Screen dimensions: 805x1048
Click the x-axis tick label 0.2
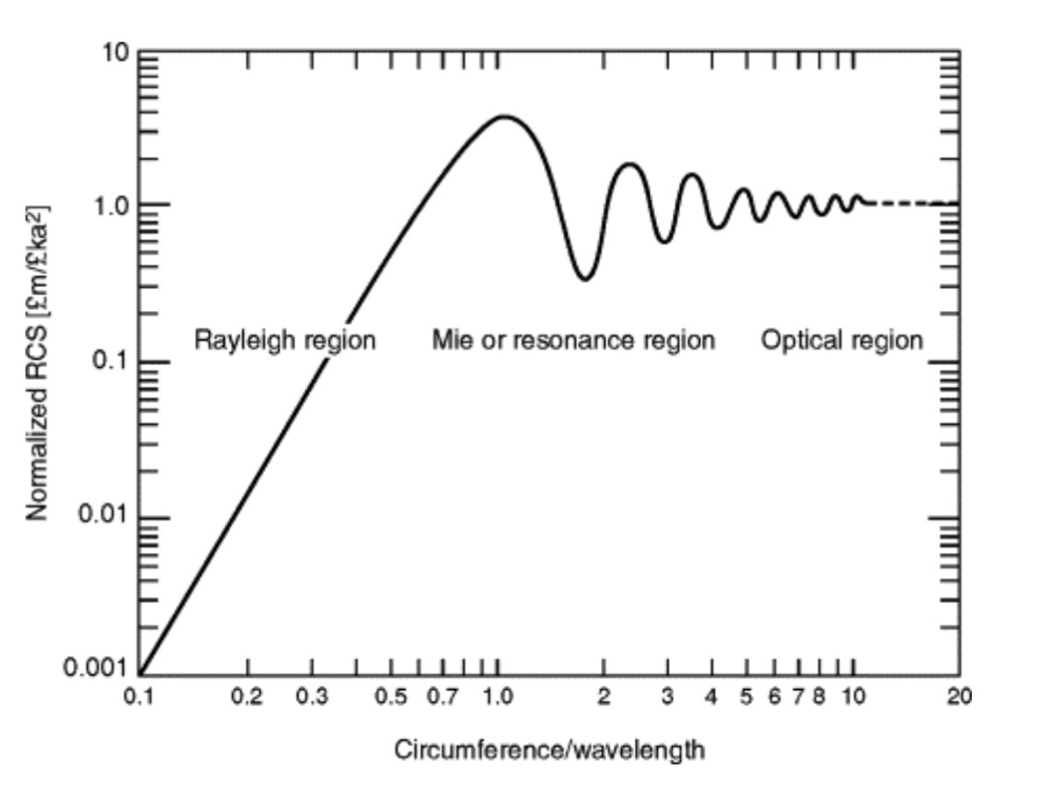(247, 696)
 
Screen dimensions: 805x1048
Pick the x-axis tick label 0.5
(391, 696)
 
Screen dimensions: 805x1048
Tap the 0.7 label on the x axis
(443, 696)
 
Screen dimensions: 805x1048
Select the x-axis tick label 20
(959, 696)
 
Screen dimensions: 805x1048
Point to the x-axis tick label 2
(604, 696)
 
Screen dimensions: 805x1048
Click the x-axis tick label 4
(710, 696)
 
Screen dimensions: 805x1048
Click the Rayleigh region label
(284, 340)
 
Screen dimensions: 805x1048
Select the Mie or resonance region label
(573, 340)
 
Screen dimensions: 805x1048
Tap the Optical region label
(841, 340)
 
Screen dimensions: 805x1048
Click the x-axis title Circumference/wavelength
(549, 750)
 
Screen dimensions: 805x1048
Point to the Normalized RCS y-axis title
(38, 362)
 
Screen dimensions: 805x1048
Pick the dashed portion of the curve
(911, 203)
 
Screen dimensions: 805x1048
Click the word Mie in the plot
(449, 340)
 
